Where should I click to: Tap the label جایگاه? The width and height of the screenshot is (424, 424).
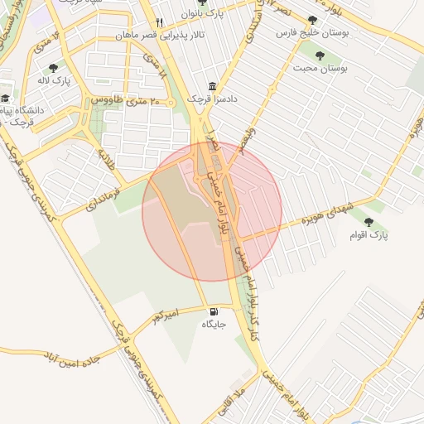pyautogui.click(x=214, y=325)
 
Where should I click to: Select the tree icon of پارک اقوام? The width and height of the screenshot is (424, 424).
pyautogui.click(x=369, y=222)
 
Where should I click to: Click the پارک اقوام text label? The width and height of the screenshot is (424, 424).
pyautogui.click(x=374, y=235)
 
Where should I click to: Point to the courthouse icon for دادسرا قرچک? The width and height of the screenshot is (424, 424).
pyautogui.click(x=214, y=86)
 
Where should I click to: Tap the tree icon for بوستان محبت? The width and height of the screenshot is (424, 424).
pyautogui.click(x=320, y=56)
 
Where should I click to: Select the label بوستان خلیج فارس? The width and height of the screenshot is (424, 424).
pyautogui.click(x=315, y=34)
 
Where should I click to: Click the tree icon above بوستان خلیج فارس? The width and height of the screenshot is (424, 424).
pyautogui.click(x=311, y=21)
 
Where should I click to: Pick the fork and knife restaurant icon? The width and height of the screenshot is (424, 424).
pyautogui.click(x=159, y=23)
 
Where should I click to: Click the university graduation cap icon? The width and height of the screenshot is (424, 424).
pyautogui.click(x=6, y=98)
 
